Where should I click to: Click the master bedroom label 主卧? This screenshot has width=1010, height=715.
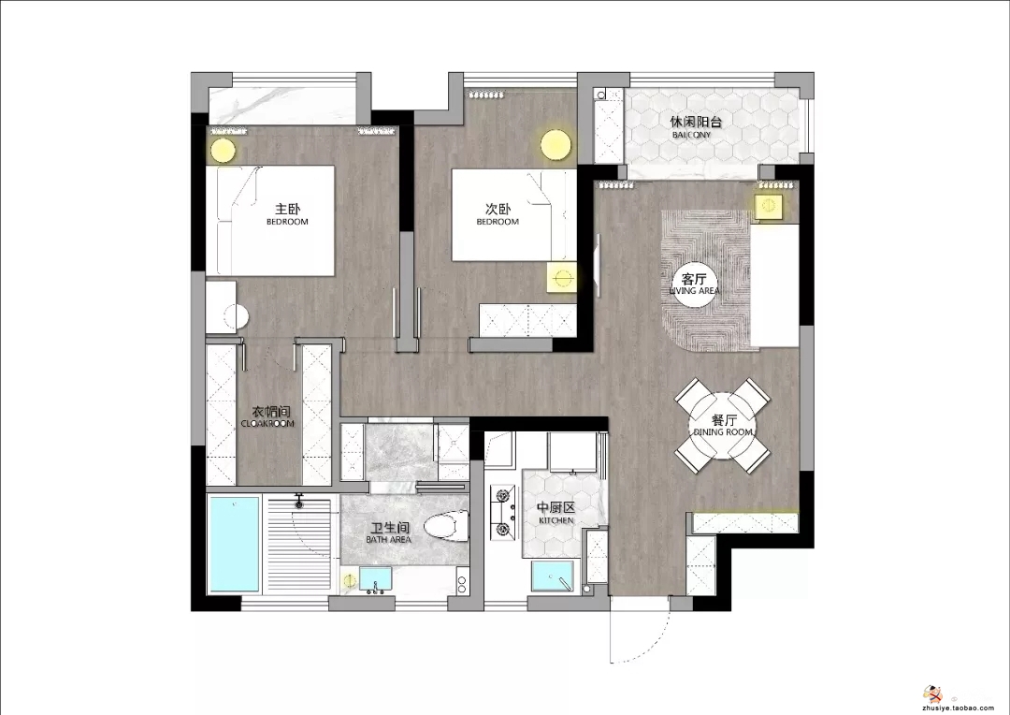click(287, 209)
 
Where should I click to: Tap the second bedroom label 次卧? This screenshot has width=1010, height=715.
click(498, 209)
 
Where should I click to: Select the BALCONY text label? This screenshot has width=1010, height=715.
click(691, 135)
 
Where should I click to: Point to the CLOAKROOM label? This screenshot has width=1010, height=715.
click(267, 424)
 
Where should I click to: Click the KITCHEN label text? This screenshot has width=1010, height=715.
click(555, 520)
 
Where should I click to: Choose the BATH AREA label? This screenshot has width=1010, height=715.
click(388, 540)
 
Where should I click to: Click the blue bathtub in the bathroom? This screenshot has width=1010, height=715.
click(233, 544)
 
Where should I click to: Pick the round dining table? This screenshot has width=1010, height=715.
click(722, 425)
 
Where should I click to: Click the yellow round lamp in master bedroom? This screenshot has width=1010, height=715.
click(223, 151)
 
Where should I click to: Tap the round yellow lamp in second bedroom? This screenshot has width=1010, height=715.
click(555, 144)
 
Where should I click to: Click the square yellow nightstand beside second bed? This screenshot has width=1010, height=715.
click(562, 278)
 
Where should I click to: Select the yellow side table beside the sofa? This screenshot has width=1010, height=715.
click(769, 206)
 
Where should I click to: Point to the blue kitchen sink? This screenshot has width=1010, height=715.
click(552, 576)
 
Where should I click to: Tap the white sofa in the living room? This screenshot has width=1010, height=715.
click(775, 285)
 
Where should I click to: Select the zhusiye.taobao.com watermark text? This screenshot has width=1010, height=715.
click(959, 708)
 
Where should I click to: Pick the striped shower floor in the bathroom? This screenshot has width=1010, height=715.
click(299, 544)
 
